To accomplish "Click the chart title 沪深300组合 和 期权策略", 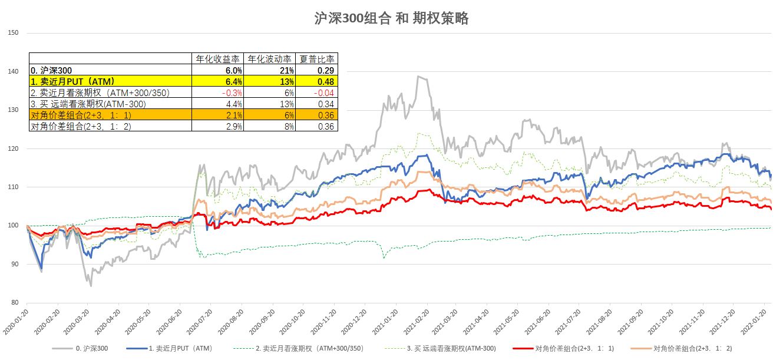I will pos(391,18).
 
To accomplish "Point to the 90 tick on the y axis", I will pos(14,265).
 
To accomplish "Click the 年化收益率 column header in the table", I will pos(218,59).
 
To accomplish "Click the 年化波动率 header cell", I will pos(269,59).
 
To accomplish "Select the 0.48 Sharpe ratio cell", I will pos(325,81).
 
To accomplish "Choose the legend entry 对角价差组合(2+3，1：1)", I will pos(574,349).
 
